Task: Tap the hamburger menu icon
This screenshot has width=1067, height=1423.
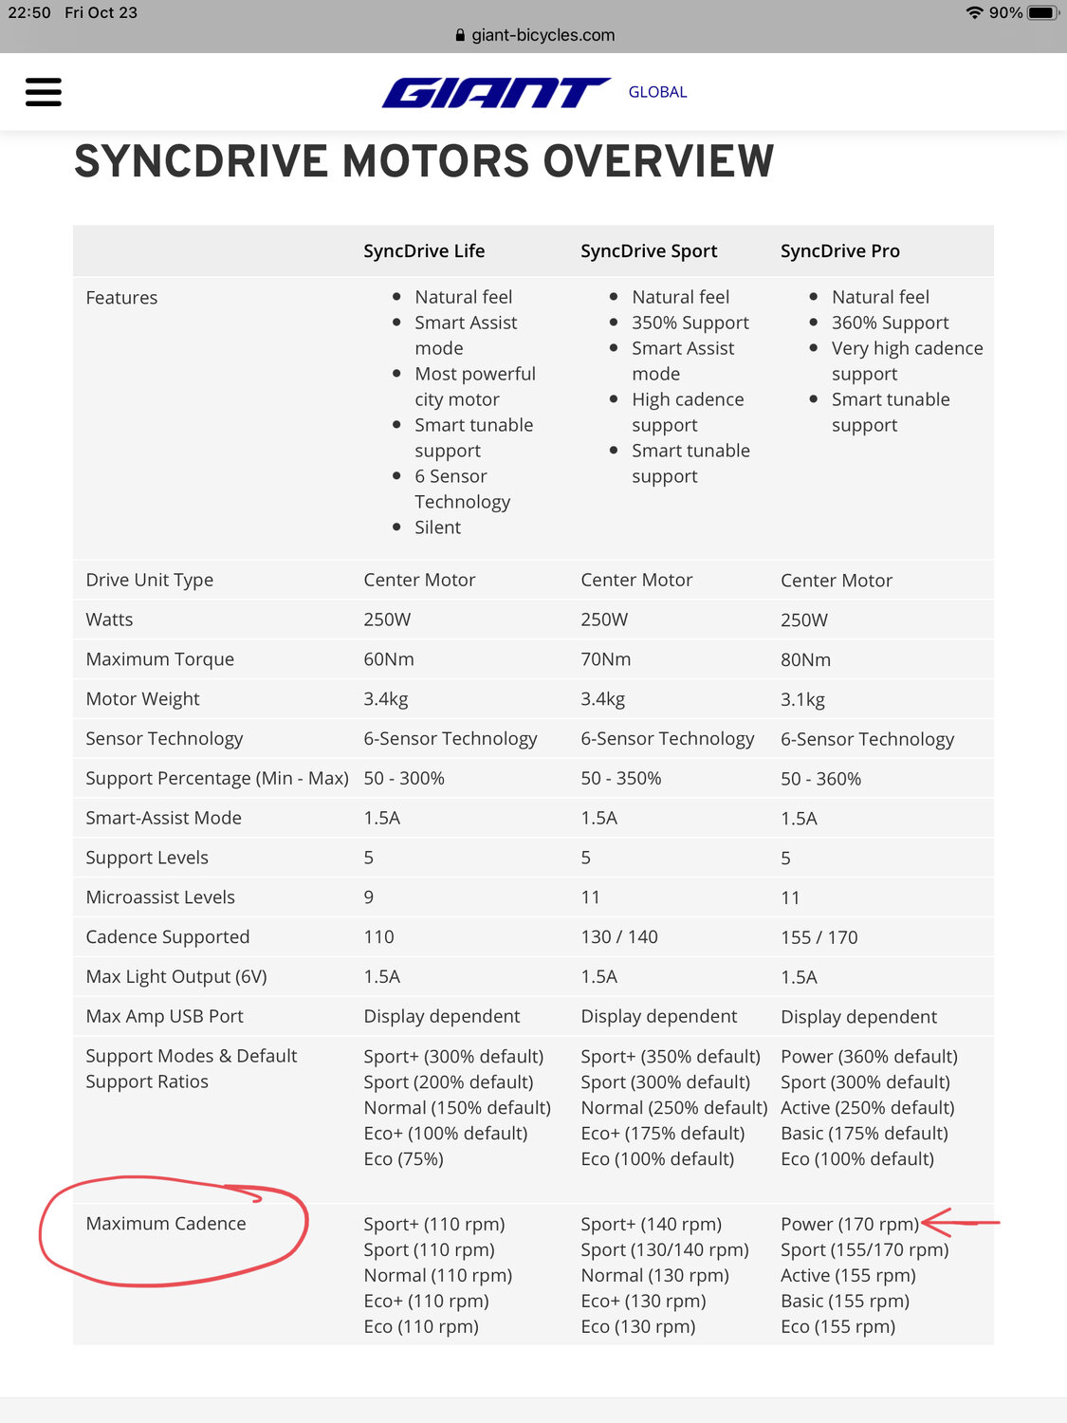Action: click(44, 92)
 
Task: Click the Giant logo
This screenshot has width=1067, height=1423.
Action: click(495, 93)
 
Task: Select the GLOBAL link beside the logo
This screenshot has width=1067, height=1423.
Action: click(657, 92)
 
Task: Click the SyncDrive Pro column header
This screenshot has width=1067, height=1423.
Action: click(839, 251)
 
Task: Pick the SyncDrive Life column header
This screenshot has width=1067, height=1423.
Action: click(424, 251)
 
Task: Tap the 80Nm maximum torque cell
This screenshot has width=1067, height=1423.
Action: click(805, 659)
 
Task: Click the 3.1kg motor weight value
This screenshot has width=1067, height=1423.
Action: click(802, 699)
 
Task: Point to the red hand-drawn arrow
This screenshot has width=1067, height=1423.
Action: click(960, 1222)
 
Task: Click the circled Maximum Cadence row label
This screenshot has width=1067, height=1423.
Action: click(166, 1224)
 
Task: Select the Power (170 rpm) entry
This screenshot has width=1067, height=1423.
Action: click(849, 1225)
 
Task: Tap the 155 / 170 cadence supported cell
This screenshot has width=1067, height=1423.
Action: click(819, 937)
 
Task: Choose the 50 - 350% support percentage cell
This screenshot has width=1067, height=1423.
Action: click(620, 779)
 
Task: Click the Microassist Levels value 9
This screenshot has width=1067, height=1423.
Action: click(369, 897)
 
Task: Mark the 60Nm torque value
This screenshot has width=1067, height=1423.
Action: click(389, 659)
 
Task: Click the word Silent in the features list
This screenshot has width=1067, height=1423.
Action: click(437, 527)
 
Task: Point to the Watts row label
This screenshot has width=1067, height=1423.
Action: click(109, 619)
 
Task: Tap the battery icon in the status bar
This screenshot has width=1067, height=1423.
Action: click(1041, 13)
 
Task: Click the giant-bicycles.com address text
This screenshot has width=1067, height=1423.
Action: click(543, 35)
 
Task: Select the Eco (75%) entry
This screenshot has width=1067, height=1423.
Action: click(403, 1159)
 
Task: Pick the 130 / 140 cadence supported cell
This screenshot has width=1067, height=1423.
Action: click(619, 937)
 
